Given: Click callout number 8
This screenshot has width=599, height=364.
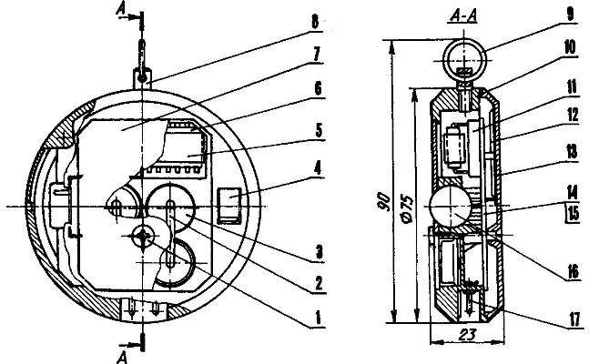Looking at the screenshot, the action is [x=314, y=22].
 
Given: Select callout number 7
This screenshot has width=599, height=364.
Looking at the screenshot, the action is [x=316, y=54].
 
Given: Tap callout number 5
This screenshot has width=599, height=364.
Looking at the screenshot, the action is [x=319, y=130].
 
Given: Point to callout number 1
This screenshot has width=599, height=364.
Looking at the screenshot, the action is [x=317, y=318].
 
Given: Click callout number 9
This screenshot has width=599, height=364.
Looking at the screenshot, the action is [x=570, y=15].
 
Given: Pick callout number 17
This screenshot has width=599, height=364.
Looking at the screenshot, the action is [x=574, y=319].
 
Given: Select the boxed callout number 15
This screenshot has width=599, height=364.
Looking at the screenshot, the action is [x=573, y=214].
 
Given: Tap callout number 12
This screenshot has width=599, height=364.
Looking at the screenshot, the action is [x=572, y=115].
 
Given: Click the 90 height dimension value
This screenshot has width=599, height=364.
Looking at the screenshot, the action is [x=383, y=202].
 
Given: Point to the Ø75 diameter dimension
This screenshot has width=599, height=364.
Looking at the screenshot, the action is [x=407, y=209].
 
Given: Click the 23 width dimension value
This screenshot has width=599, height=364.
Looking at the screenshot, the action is [x=467, y=335].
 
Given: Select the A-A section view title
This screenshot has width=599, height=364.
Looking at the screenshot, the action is [x=463, y=16].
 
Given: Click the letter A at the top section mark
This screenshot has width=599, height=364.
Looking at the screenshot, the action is [x=121, y=8].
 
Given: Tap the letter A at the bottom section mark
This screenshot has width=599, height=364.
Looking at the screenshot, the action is [x=121, y=358].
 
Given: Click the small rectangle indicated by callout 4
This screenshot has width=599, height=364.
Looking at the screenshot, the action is [x=229, y=205].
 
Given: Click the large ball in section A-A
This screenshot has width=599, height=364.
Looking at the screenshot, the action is [x=450, y=207].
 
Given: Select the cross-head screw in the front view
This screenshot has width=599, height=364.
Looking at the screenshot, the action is [x=143, y=237].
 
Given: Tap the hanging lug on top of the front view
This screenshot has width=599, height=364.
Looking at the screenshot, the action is [x=142, y=78].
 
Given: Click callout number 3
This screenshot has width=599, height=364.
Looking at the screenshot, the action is [x=319, y=252].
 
